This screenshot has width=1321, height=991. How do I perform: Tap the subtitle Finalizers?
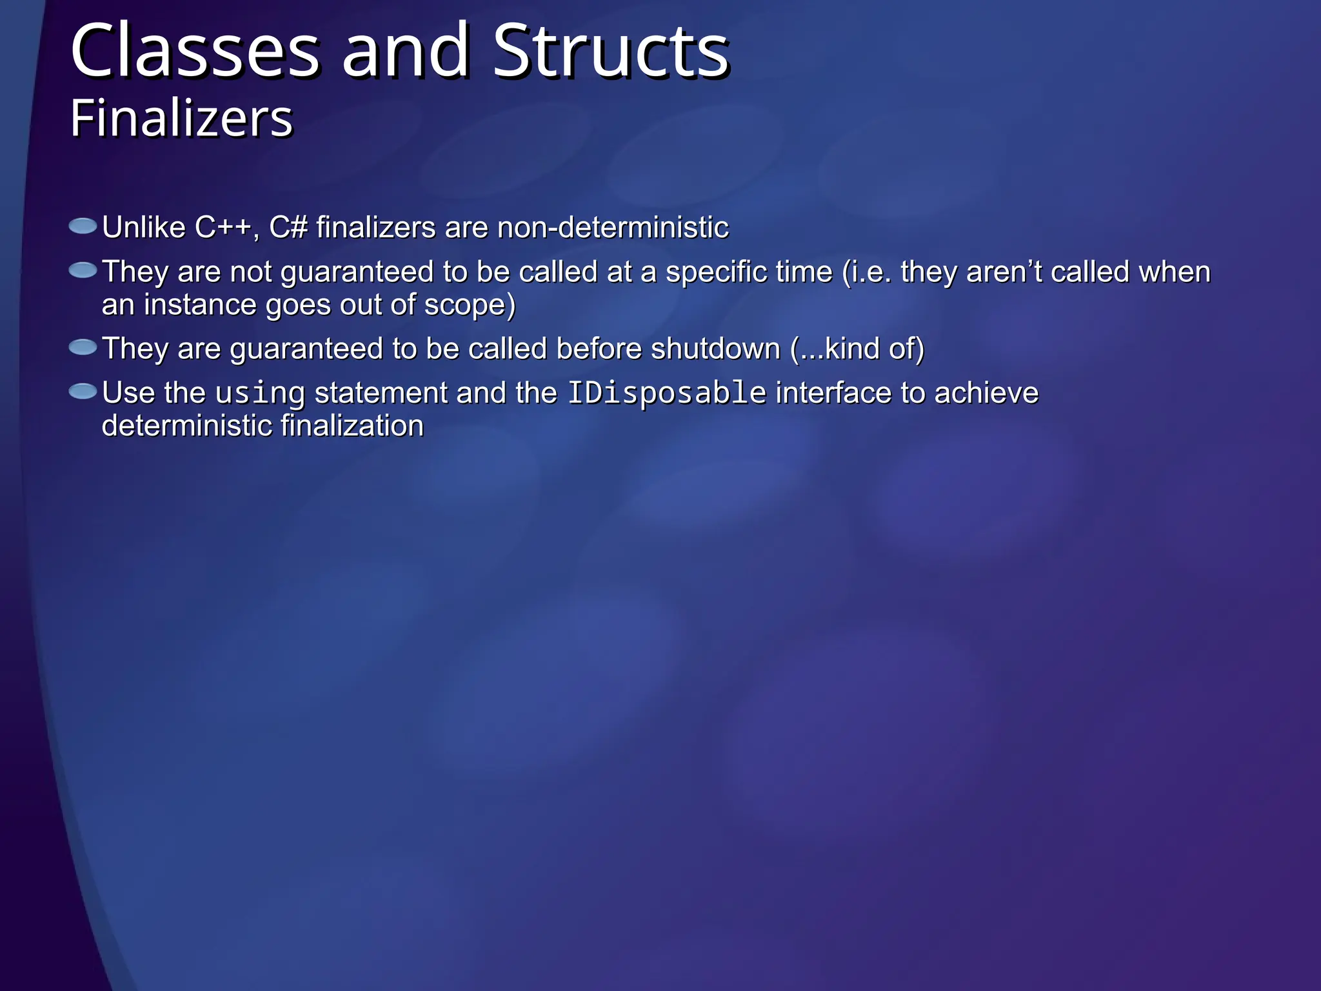pyautogui.click(x=181, y=119)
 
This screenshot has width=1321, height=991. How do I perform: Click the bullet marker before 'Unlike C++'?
pyautogui.click(x=83, y=226)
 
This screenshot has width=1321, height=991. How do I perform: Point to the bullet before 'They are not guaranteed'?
pyautogui.click(x=83, y=270)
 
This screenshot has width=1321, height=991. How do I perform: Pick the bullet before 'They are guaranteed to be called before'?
pyautogui.click(x=83, y=348)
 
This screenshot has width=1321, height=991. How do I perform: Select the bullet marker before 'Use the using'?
pyautogui.click(x=83, y=392)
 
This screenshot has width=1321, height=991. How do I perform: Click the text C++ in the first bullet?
pyautogui.click(x=223, y=228)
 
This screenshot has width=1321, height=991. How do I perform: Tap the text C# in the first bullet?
pyautogui.click(x=288, y=228)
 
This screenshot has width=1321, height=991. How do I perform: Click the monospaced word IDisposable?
pyautogui.click(x=666, y=393)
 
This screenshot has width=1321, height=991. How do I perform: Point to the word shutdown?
pyautogui.click(x=715, y=349)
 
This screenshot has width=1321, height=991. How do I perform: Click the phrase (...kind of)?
pyautogui.click(x=857, y=349)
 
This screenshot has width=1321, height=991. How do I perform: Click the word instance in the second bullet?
pyautogui.click(x=200, y=305)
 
